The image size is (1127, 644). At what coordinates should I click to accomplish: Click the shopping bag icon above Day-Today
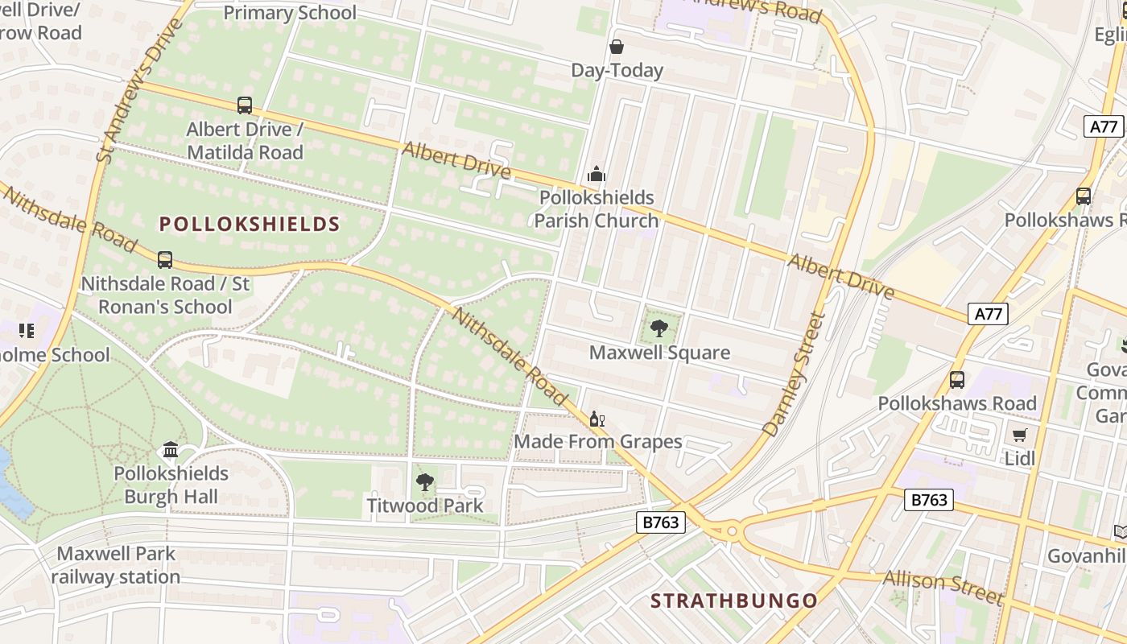coord(616,47)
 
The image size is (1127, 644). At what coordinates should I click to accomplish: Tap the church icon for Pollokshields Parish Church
coord(596,174)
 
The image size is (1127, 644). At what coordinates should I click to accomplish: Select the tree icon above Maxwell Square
coord(659,328)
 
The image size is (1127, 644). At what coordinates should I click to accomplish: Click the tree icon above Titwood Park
coord(424,482)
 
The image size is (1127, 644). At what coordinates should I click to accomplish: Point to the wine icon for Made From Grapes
coord(597,419)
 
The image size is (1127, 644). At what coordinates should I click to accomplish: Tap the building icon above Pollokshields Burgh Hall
coord(171,449)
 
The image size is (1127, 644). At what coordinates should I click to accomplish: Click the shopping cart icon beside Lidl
coord(1019,436)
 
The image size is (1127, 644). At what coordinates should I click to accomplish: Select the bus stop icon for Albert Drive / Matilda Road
coord(244,105)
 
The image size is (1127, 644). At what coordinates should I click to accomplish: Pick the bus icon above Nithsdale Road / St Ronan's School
coord(165,260)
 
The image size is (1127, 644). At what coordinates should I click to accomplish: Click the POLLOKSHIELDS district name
coord(250,224)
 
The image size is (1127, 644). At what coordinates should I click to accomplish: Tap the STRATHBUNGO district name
coord(733,601)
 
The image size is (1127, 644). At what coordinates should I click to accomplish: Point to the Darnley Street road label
coord(795,375)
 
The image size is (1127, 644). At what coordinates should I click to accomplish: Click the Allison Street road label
coord(943,588)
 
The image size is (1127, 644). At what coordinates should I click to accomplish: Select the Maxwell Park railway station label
coord(117,565)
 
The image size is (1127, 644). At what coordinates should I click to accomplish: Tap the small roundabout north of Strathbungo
coord(731,530)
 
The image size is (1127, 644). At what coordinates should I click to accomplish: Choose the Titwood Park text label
coord(425,506)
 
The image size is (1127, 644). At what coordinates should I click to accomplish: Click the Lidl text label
coord(1019,459)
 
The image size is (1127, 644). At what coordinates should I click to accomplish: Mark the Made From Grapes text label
coord(598,441)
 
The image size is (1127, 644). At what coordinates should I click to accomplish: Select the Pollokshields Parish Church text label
coord(597,209)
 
